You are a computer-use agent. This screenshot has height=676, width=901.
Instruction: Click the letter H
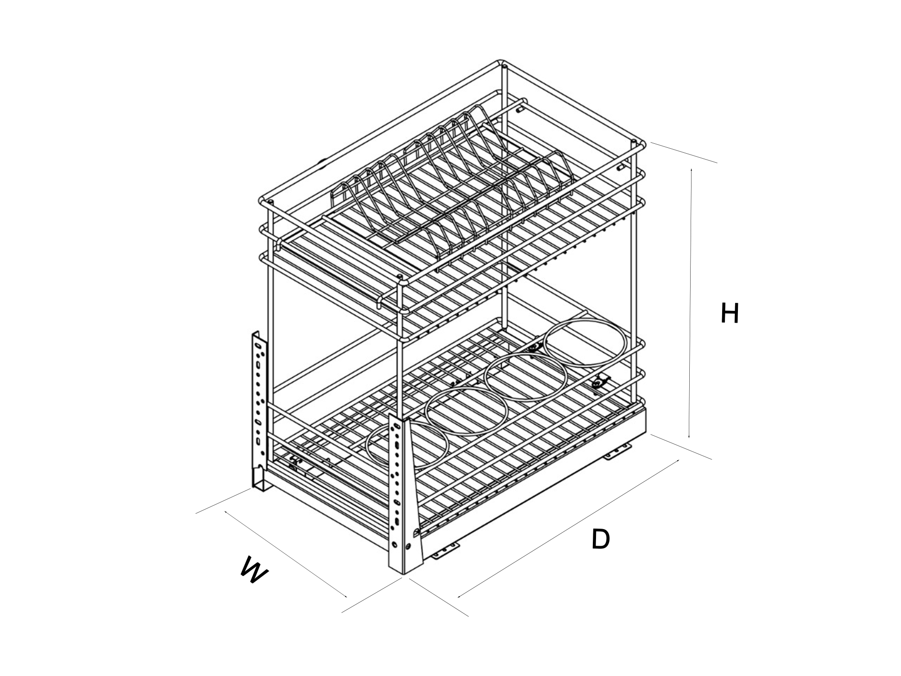click(730, 313)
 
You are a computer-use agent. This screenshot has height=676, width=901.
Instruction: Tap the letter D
click(601, 539)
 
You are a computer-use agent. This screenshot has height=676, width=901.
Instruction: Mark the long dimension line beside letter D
click(568, 528)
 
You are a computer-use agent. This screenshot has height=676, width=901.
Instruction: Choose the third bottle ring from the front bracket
click(526, 378)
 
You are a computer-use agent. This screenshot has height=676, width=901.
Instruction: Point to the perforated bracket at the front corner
click(405, 495)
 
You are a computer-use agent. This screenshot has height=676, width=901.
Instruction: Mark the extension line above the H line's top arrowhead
click(683, 153)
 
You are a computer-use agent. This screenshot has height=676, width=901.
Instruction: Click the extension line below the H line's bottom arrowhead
click(681, 447)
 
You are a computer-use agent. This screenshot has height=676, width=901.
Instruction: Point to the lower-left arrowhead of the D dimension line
click(460, 595)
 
